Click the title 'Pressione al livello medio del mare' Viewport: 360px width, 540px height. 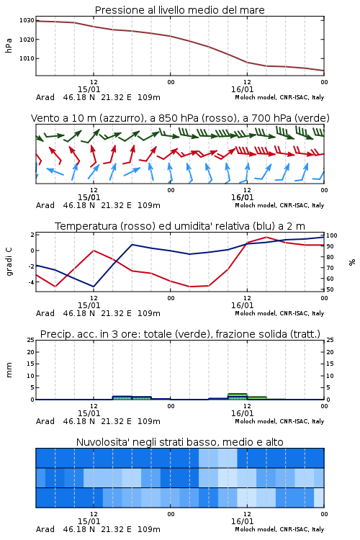[179, 10]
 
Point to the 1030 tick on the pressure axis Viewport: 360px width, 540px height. [27, 20]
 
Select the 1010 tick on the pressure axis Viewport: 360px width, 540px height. [27, 58]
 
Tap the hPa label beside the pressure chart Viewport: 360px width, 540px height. [9, 45]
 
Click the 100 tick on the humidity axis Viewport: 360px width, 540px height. [332, 235]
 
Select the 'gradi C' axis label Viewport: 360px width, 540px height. [9, 262]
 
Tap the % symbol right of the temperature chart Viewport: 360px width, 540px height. [352, 262]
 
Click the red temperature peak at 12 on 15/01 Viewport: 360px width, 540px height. [94, 251]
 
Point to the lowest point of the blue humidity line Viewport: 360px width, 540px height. [94, 287]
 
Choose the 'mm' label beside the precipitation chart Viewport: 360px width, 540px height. [9, 370]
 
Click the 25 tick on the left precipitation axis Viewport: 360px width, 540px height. [31, 340]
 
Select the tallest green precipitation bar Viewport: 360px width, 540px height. [238, 397]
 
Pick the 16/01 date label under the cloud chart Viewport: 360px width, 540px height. [242, 521]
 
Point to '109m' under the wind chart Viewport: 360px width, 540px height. [149, 205]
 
